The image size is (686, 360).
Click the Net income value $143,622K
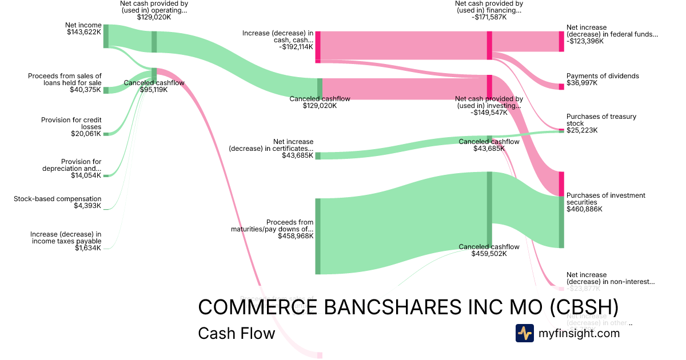pos(83,32)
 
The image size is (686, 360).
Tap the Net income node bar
pos(106,36)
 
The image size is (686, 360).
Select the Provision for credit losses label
pos(71,123)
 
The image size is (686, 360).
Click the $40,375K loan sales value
pos(85,90)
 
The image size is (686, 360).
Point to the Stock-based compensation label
pos(57,199)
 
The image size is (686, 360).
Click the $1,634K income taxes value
pos(88,248)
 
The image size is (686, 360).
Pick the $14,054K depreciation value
pos(85,175)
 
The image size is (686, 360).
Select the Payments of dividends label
pos(603,76)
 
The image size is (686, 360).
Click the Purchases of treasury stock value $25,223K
pos(582,130)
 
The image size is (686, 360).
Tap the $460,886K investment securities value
pos(584,209)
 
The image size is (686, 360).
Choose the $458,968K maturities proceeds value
pos(296,235)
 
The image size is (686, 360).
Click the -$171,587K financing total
pos(489,17)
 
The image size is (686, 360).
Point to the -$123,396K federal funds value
pos(585,41)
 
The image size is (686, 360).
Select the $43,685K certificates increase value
pos(297,155)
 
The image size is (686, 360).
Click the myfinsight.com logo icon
pos(524,333)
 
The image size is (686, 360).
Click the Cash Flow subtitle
pos(236,333)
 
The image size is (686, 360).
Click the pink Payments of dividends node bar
pos(561,86)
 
